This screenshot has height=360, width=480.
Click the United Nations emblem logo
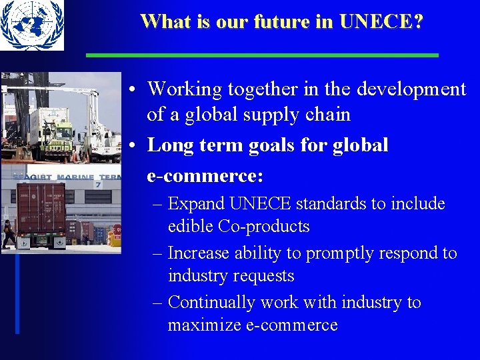(32, 25)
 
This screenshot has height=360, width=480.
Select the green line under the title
(262, 55)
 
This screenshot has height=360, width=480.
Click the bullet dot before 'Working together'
(134, 89)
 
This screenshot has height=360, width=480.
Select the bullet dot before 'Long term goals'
(134, 145)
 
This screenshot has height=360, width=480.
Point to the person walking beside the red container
(8, 234)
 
